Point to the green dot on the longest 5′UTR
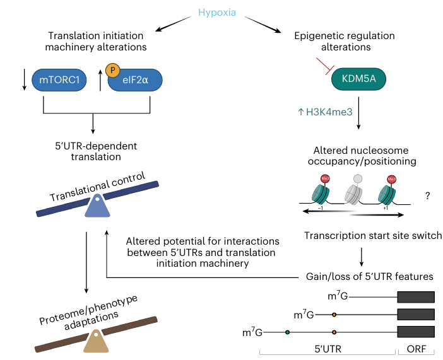pos(288,332)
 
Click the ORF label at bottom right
pos(415,351)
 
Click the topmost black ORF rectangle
pos(415,296)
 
